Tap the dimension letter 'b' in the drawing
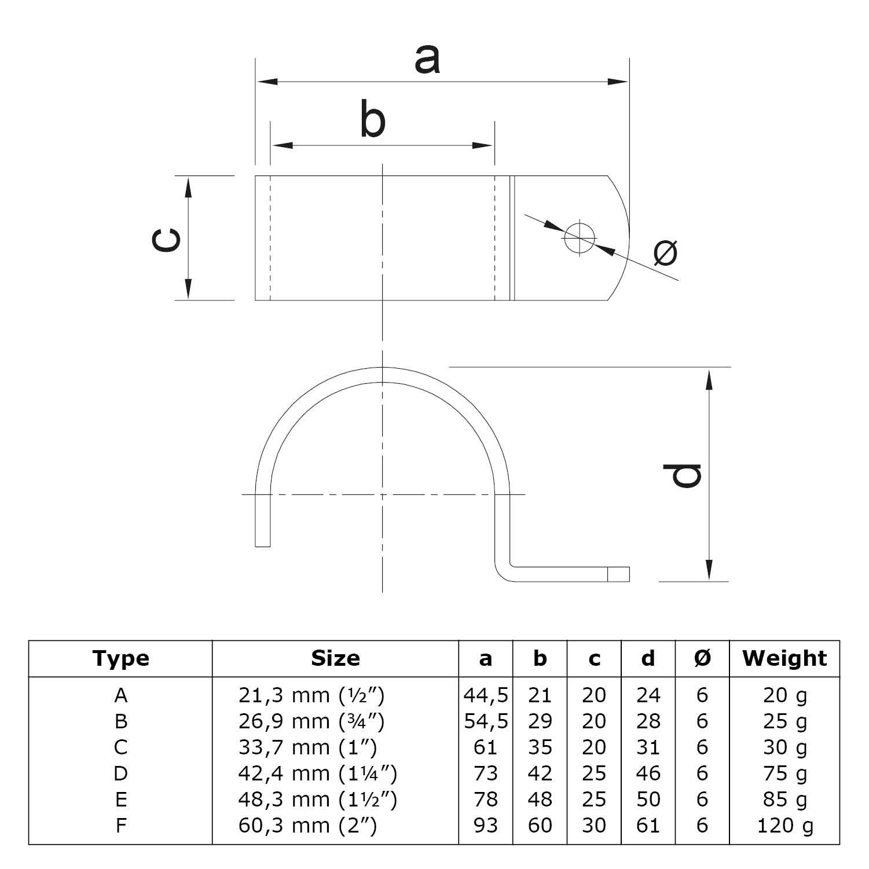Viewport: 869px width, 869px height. pos(372,120)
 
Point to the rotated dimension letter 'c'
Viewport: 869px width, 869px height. pos(166,239)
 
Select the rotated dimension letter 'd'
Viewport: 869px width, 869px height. pos(683,475)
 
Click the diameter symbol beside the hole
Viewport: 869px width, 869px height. pos(665,252)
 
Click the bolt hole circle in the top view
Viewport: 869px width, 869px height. pos(580,238)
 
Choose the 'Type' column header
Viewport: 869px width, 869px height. pos(120,658)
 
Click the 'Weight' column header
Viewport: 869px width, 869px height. pos(784,658)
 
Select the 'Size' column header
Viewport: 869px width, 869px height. pos(335,658)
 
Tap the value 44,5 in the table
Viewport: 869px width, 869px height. pos(486,695)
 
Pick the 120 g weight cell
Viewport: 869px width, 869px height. pos(784,825)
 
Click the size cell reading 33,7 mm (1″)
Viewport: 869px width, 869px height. pos(307,747)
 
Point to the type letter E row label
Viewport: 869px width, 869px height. pos(120,800)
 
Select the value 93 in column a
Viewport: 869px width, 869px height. pos(485,825)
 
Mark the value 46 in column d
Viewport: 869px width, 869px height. pos(648,773)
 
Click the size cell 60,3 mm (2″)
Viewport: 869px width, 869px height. pos(307,825)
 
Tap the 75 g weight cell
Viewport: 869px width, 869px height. pos(784,773)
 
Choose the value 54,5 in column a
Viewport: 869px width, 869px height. pos(486,721)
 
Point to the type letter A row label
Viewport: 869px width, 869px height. pos(120,695)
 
